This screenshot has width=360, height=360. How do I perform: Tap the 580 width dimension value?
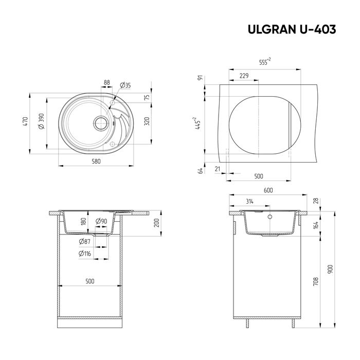click(x=96, y=161)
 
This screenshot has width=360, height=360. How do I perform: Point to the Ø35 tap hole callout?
click(x=125, y=85)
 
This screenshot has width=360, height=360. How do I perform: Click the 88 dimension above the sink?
click(x=107, y=82)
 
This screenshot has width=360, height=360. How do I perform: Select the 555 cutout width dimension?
click(x=265, y=62)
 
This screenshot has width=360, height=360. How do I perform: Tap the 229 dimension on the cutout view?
click(x=244, y=76)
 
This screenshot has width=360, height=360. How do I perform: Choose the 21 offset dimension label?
click(x=218, y=169)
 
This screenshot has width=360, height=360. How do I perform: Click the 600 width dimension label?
click(x=268, y=190)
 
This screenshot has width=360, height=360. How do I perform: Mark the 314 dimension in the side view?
click(x=250, y=201)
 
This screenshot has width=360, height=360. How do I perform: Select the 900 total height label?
click(x=330, y=269)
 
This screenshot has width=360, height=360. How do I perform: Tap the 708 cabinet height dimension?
click(x=315, y=281)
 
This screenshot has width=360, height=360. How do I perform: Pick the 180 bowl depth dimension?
click(x=83, y=222)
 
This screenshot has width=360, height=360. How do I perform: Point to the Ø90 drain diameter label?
click(x=102, y=221)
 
